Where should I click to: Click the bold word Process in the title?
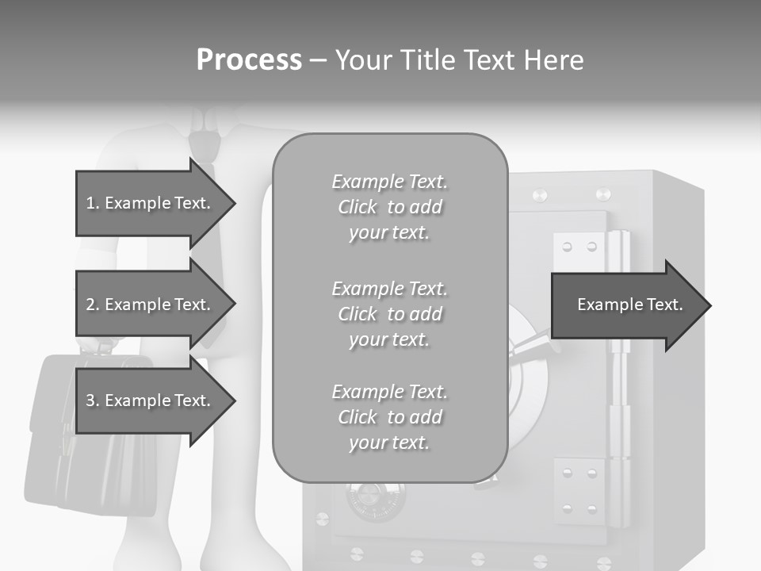249,60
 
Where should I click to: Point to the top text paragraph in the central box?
389,207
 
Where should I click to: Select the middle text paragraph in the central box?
389,314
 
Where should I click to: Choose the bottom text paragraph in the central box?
389,417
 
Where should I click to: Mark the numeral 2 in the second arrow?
90,305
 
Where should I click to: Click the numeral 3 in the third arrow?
90,400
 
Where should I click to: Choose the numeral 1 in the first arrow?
90,204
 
